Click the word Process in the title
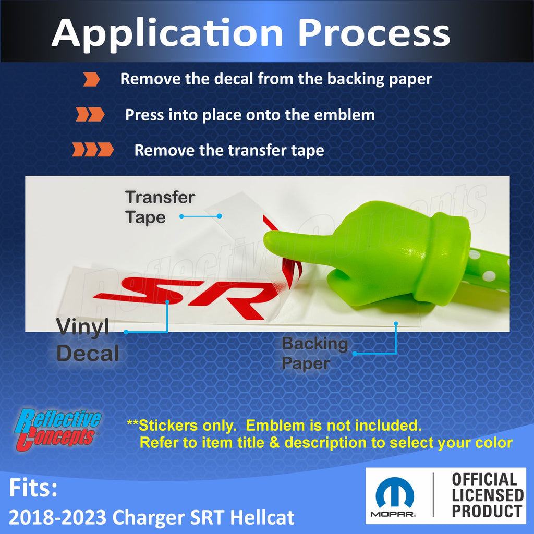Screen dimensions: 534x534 374,33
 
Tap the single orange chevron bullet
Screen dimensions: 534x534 92,79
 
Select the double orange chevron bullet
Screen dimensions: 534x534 90,114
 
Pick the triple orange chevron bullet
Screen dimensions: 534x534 93,150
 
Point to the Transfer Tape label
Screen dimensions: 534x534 160,208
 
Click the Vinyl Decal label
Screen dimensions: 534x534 88,340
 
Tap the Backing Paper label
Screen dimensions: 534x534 314,353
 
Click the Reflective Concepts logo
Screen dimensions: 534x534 57,430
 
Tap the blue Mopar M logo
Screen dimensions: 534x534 395,493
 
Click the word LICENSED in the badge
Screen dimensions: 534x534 488,495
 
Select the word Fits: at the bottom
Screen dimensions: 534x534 33,488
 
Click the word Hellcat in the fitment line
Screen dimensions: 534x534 262,518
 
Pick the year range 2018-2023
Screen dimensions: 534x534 57,518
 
